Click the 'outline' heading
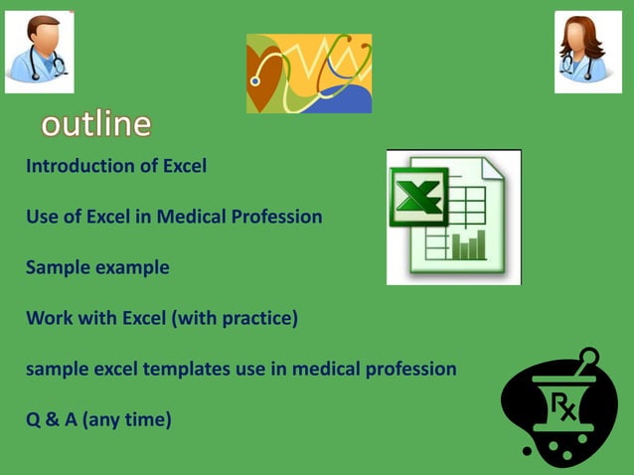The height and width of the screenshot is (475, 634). [96, 124]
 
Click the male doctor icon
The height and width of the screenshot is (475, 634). [39, 52]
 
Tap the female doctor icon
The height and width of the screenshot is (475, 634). [587, 52]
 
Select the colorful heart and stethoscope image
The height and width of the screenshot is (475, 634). [309, 74]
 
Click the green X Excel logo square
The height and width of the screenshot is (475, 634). [418, 197]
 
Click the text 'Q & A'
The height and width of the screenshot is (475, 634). [52, 420]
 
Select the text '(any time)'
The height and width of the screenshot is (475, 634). [127, 420]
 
